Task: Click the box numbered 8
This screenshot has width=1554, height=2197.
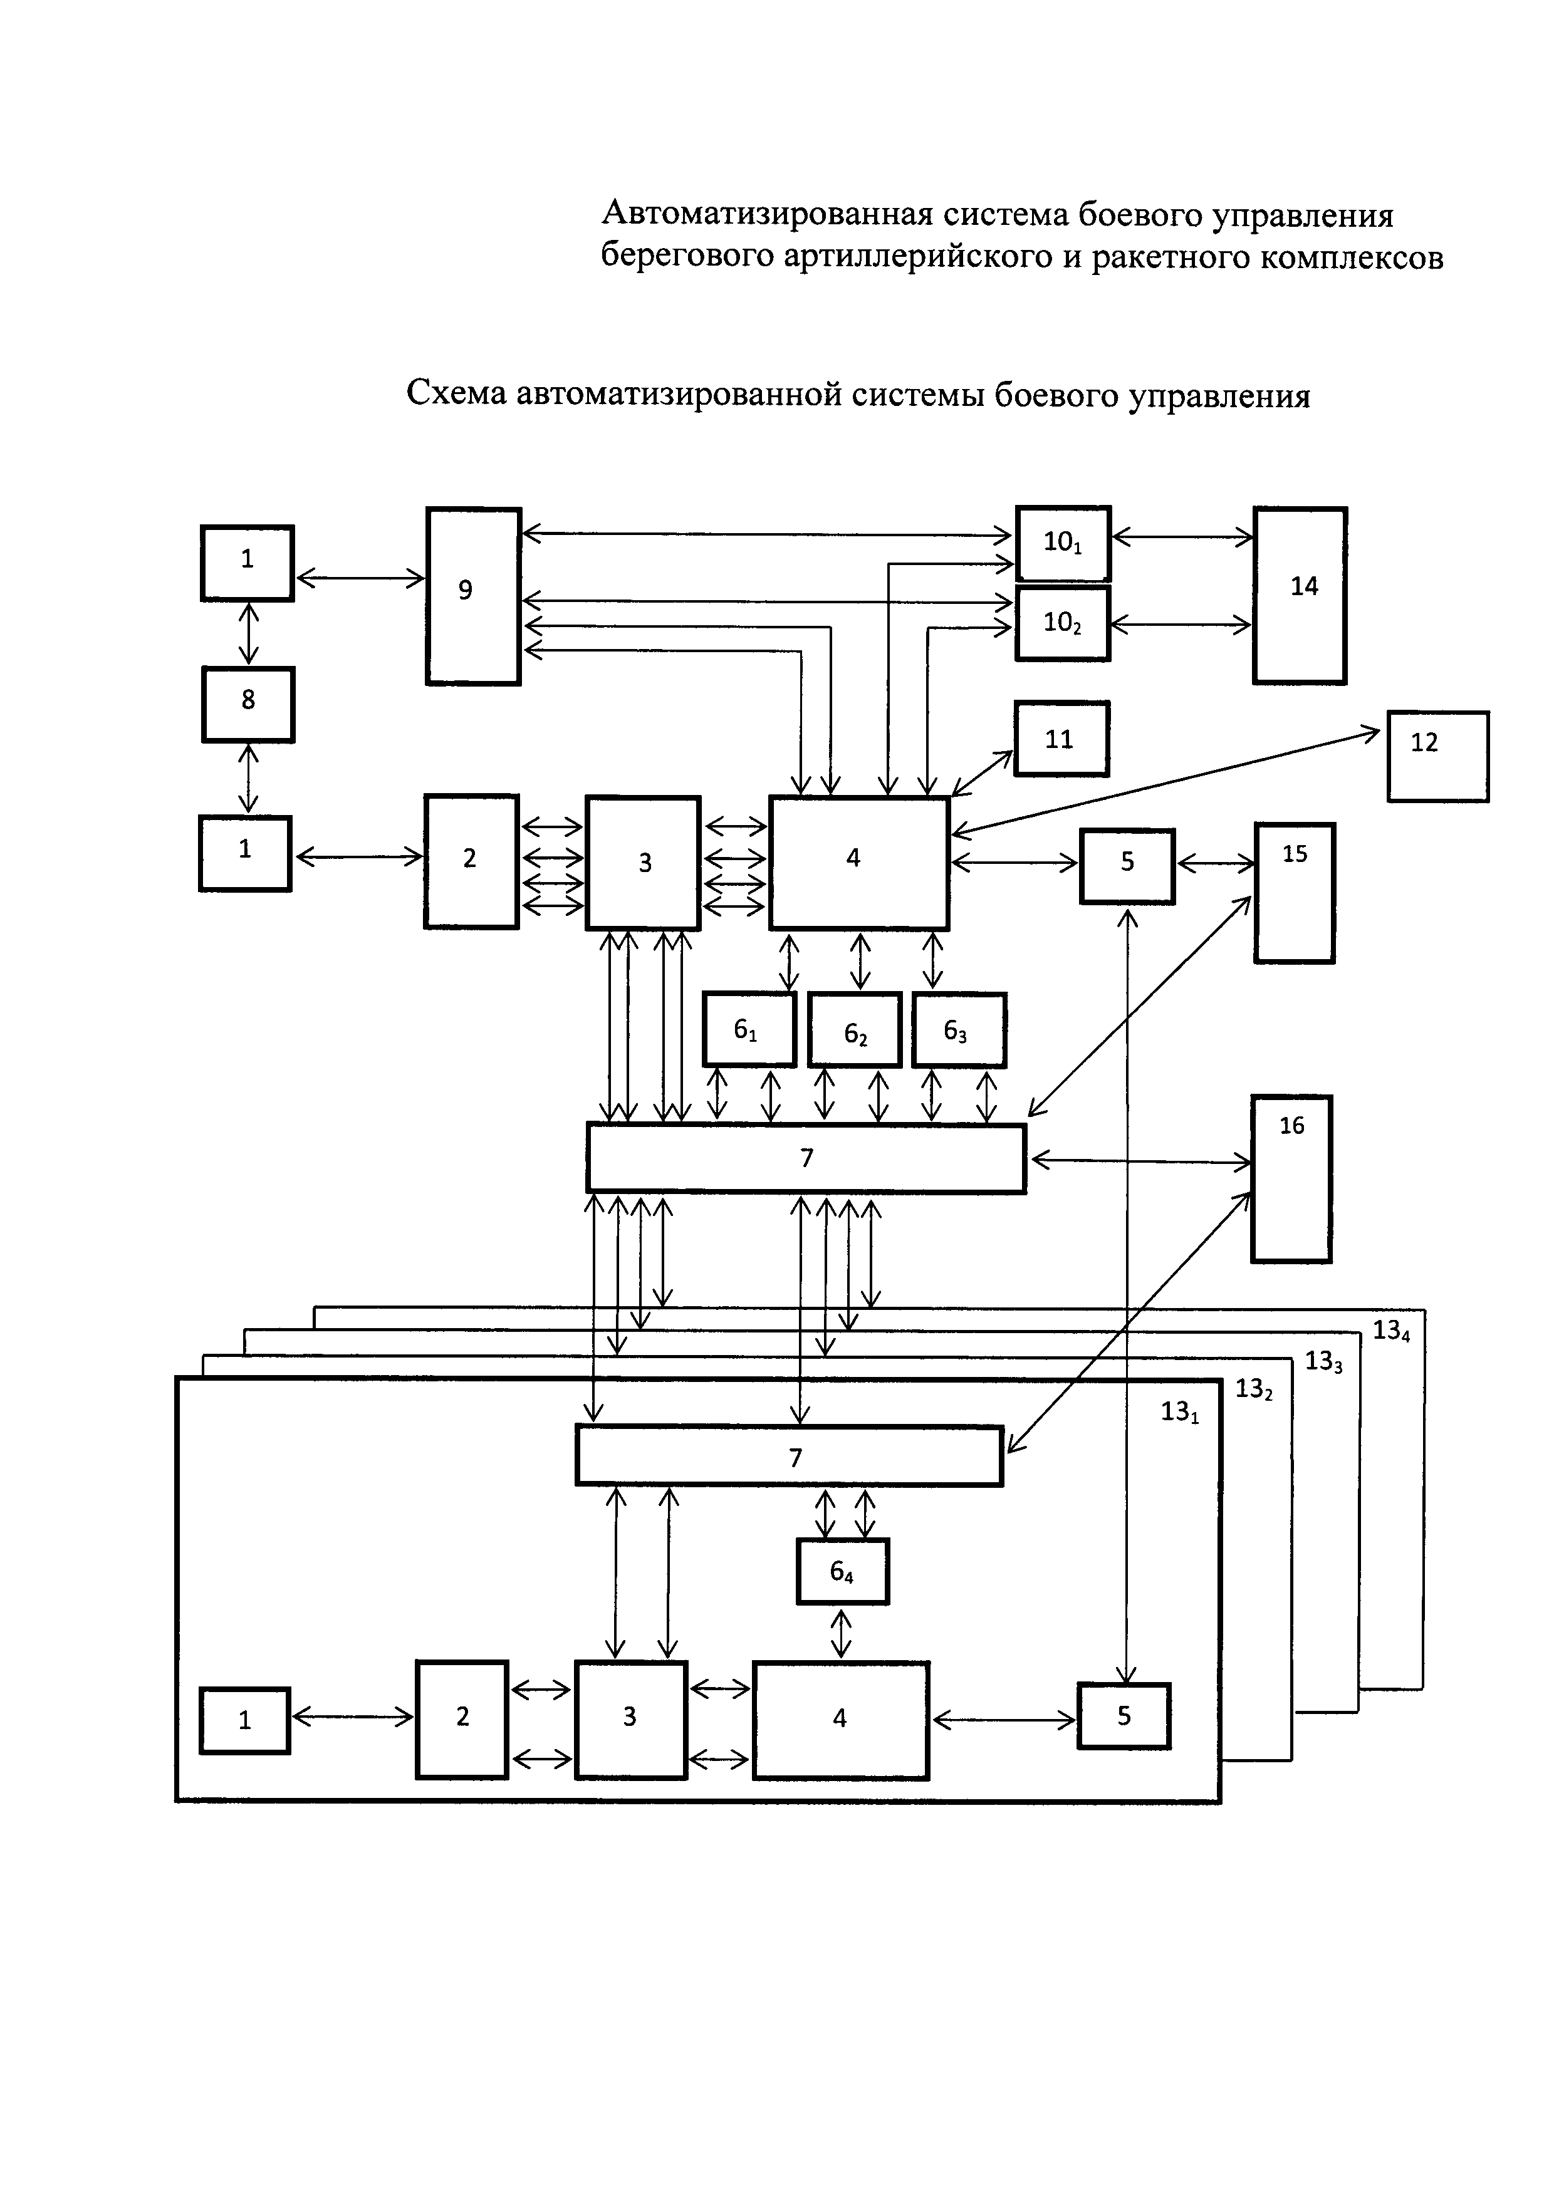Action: [248, 704]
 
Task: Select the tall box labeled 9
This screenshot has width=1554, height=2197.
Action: [474, 596]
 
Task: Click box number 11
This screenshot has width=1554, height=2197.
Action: [1062, 739]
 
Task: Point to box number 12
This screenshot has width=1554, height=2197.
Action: [1438, 756]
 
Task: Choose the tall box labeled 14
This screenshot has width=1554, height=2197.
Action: [1300, 595]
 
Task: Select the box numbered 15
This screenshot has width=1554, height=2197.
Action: [1295, 892]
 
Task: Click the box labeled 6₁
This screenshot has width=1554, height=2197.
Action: [749, 1030]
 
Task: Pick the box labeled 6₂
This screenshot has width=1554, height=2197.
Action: [855, 1030]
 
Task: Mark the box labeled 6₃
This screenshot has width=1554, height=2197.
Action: [959, 1030]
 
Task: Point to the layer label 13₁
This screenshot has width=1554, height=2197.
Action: [1180, 1411]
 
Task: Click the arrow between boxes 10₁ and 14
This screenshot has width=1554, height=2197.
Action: [1182, 538]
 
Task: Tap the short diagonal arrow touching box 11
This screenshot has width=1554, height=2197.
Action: [982, 773]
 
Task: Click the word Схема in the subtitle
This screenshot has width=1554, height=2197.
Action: [456, 393]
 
